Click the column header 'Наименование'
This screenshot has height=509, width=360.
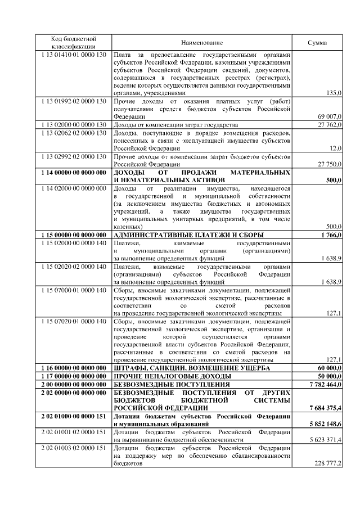pyautogui.click(x=202, y=43)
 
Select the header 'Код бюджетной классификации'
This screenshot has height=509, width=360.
pyautogui.click(x=74, y=42)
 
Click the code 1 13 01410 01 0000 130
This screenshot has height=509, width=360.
pyautogui.click(x=74, y=55)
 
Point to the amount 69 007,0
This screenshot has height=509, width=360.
pyautogui.click(x=330, y=116)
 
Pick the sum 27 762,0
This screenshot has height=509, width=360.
pyautogui.click(x=330, y=124)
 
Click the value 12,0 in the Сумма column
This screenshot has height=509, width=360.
pyautogui.click(x=336, y=148)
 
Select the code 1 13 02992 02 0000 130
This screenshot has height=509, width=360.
pyautogui.click(x=74, y=156)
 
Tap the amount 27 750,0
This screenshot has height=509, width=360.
pyautogui.click(x=330, y=164)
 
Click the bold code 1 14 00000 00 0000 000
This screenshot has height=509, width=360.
pyautogui.click(x=74, y=172)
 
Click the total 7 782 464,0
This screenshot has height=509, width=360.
pyautogui.click(x=326, y=384)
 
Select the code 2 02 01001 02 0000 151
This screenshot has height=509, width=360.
pyautogui.click(x=74, y=431)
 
